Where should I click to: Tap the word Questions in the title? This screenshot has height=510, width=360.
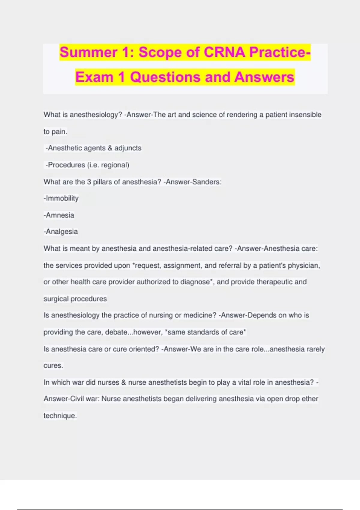[165, 77]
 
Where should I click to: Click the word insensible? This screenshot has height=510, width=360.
[305, 115]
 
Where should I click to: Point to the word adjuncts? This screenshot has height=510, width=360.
[128, 148]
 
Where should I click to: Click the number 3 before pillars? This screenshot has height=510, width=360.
[89, 182]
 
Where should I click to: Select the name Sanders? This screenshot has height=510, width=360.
[205, 182]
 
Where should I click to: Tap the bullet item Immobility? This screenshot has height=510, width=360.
[61, 198]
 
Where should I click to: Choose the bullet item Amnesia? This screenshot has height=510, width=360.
[59, 215]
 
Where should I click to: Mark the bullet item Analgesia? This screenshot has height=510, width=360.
[61, 232]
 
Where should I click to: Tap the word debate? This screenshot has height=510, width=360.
[116, 332]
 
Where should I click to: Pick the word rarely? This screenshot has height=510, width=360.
[315, 349]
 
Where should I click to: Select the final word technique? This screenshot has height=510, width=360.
[60, 416]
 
